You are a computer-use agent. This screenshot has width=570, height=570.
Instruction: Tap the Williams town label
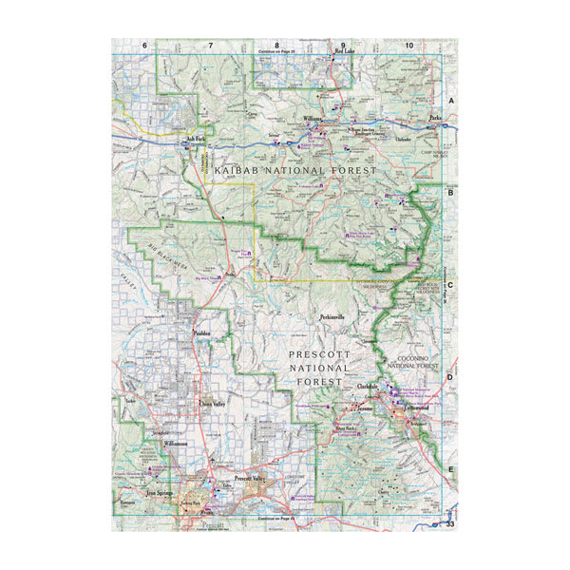313,119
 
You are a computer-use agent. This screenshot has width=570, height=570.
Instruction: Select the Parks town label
435,119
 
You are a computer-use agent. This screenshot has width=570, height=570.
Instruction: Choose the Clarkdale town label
369,388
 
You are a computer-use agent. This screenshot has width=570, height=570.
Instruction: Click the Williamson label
177,444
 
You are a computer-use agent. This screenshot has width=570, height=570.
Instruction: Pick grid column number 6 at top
145,46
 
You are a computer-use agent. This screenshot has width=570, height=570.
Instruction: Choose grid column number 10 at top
408,46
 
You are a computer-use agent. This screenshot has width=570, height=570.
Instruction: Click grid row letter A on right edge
451,101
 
